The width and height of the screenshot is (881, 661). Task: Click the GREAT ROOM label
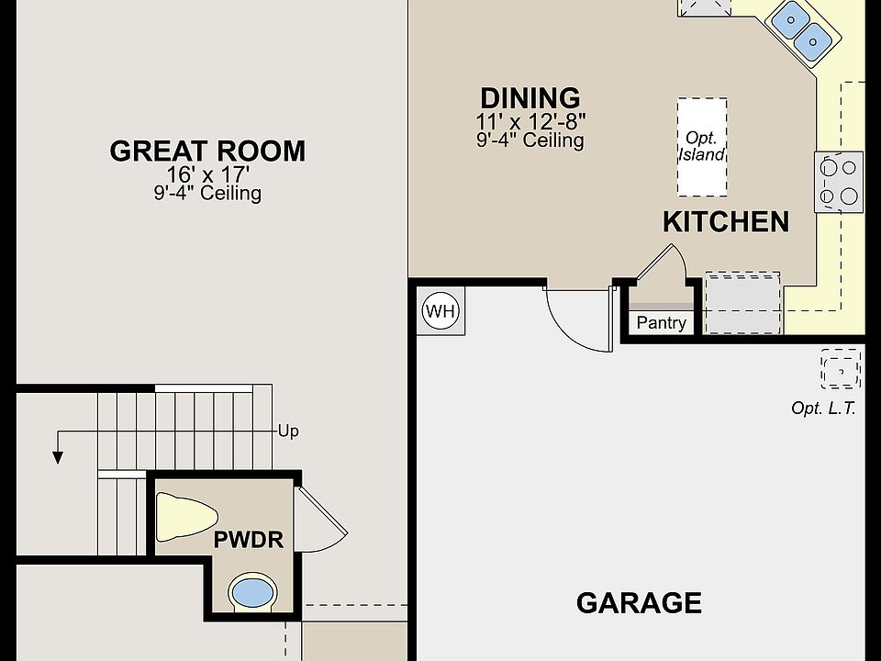[207, 151]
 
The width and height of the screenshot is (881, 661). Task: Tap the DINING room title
[530, 98]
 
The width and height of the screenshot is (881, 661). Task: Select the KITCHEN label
[726, 221]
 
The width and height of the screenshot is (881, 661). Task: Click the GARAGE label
[639, 603]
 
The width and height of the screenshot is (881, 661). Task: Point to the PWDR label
[249, 540]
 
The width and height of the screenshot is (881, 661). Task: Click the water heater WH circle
[440, 311]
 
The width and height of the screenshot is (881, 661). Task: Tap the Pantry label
[661, 323]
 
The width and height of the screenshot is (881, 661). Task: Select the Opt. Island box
[702, 147]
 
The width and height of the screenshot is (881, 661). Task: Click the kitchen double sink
[802, 29]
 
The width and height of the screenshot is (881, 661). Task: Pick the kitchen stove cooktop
[839, 182]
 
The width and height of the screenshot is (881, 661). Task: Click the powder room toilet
[186, 517]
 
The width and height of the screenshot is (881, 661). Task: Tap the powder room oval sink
[252, 593]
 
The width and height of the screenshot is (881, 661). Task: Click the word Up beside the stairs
[288, 431]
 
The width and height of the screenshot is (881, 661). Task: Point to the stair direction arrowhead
[57, 457]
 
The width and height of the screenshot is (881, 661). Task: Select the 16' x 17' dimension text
[207, 174]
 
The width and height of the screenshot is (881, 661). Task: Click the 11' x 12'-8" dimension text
[530, 121]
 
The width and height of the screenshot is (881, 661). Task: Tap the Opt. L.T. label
[823, 408]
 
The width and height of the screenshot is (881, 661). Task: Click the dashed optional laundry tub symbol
[841, 369]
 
